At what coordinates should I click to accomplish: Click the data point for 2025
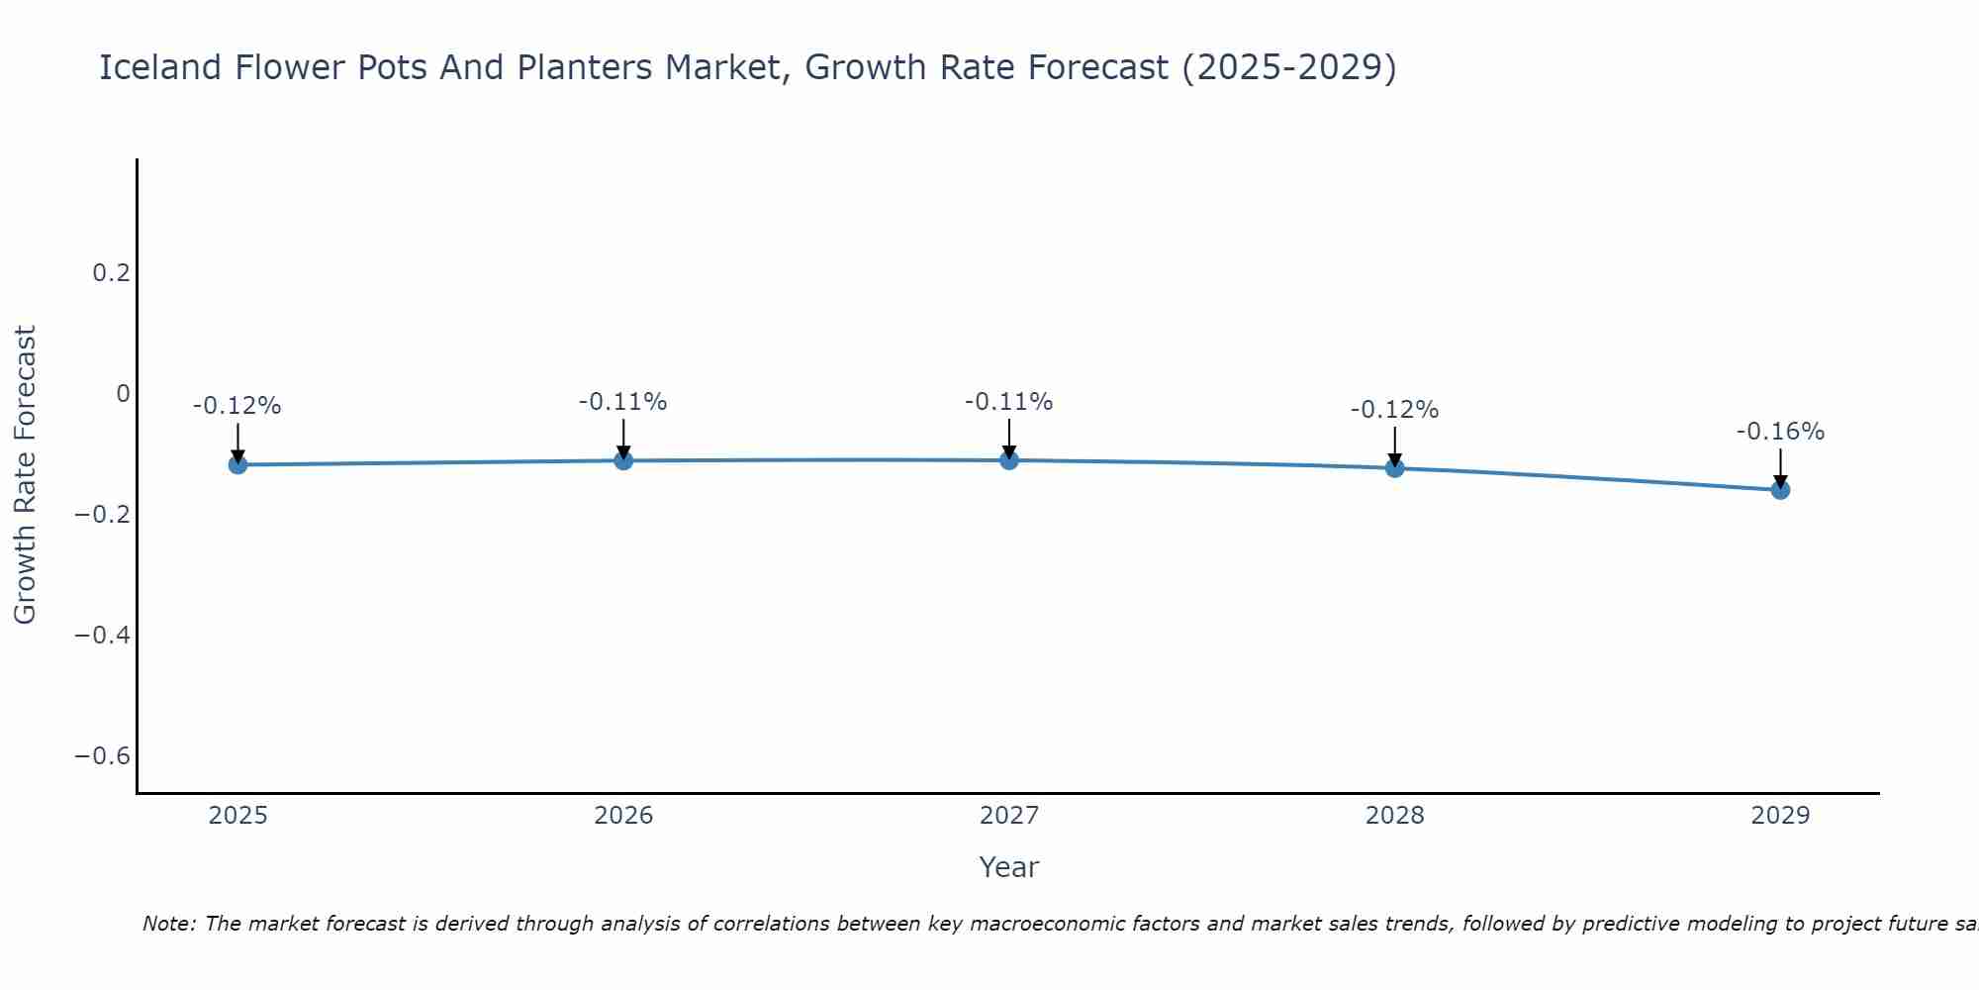coord(237,464)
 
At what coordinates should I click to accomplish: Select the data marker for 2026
coord(623,460)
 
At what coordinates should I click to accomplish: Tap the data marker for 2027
coord(1009,460)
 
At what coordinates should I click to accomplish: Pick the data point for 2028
coord(1394,467)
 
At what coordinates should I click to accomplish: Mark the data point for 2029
coord(1780,489)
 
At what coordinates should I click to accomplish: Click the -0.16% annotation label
coord(1780,432)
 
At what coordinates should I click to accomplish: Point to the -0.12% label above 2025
coord(237,406)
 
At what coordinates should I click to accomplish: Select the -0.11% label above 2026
coord(623,402)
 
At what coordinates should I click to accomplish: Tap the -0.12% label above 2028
coord(1394,410)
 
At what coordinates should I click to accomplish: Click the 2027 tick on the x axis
coord(1009,816)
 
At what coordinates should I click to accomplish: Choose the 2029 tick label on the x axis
coord(1780,816)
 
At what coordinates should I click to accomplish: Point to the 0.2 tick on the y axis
coord(111,272)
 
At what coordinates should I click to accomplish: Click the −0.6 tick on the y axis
coord(103,756)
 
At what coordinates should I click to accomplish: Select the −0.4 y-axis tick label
coord(103,635)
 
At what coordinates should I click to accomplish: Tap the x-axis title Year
coord(1008,867)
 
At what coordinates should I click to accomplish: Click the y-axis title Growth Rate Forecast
coord(25,475)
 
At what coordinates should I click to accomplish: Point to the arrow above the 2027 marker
coord(1009,439)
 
